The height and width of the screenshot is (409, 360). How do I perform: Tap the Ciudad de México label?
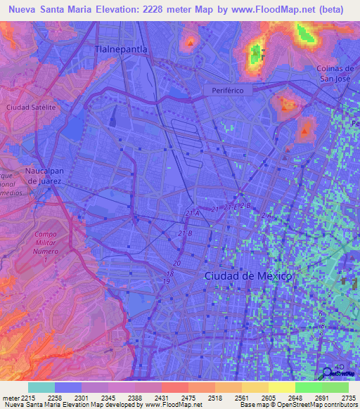pyautogui.click(x=247, y=276)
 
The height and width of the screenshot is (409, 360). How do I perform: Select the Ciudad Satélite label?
pyautogui.click(x=30, y=108)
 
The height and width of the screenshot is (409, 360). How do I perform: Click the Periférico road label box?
pyautogui.click(x=226, y=91)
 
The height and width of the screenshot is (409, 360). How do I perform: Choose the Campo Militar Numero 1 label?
pyautogui.click(x=45, y=247)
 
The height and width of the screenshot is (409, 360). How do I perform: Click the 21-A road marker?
pyautogui.click(x=193, y=212)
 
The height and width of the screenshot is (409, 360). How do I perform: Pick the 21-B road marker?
pyautogui.click(x=185, y=233)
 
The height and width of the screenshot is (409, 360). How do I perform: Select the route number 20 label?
pyautogui.click(x=176, y=263)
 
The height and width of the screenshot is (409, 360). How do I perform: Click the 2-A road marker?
pyautogui.click(x=266, y=216)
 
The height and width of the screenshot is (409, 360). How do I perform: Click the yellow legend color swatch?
pyautogui.click(x=281, y=387)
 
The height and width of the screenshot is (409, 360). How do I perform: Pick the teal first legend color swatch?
pyautogui.click(x=41, y=387)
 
